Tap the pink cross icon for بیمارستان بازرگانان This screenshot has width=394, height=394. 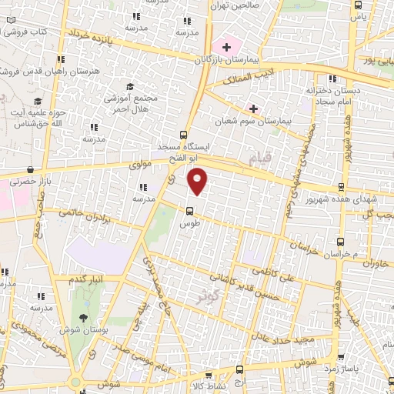225,47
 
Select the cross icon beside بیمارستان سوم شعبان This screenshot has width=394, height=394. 252,108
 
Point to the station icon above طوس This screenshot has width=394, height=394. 189,210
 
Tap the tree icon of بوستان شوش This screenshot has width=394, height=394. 84,317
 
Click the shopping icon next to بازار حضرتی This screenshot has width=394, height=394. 30,169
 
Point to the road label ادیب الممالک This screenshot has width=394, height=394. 243,78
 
